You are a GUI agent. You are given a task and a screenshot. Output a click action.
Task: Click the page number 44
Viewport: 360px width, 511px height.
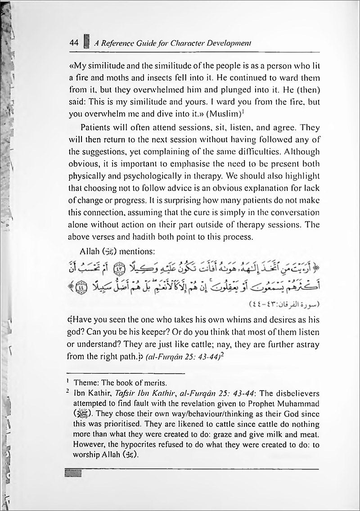coord(72,43)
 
